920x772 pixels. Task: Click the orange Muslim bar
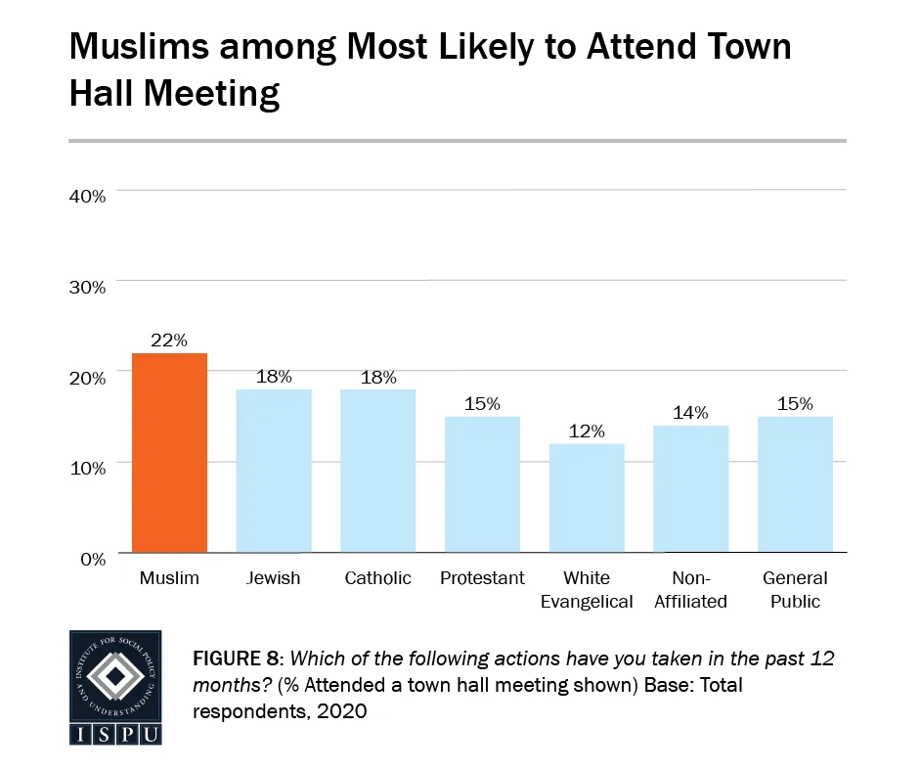(x=169, y=452)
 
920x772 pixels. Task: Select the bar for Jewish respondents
(x=274, y=471)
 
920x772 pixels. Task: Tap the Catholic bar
(x=377, y=471)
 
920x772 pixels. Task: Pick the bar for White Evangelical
(x=587, y=498)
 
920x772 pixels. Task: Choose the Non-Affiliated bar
(x=690, y=489)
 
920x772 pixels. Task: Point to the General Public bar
(x=795, y=484)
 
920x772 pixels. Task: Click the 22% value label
(x=169, y=340)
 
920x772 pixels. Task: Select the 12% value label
(x=587, y=431)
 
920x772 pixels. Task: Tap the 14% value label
(x=690, y=412)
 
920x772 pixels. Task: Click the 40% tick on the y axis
(x=87, y=196)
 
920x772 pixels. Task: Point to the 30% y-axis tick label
(x=87, y=287)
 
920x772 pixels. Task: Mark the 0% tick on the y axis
(x=92, y=559)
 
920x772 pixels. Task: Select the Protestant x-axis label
(x=482, y=578)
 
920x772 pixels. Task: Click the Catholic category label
(x=377, y=578)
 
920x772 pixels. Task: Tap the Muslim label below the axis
(x=169, y=578)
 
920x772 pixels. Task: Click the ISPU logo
(x=115, y=688)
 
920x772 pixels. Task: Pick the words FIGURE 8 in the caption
(x=237, y=658)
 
